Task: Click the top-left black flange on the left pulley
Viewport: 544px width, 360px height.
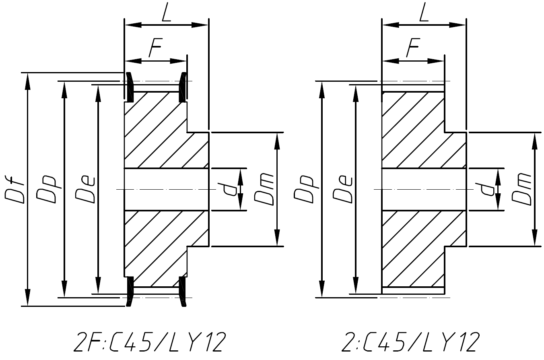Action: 130,87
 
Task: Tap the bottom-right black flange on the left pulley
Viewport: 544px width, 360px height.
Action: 183,291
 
